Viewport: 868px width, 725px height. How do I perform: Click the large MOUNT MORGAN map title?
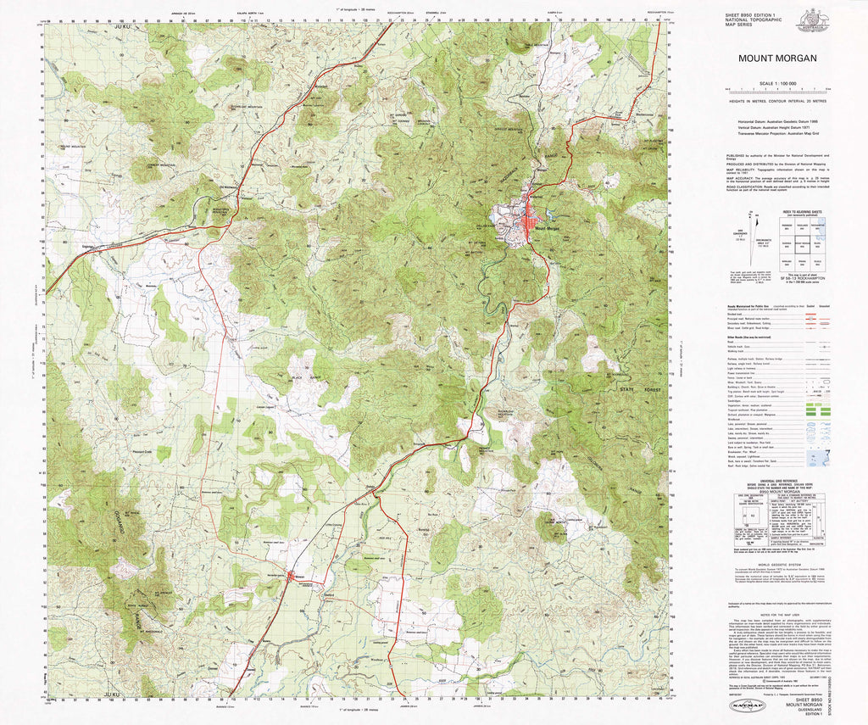pyautogui.click(x=777, y=59)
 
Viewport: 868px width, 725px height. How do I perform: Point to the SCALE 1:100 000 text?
pyautogui.click(x=777, y=82)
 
